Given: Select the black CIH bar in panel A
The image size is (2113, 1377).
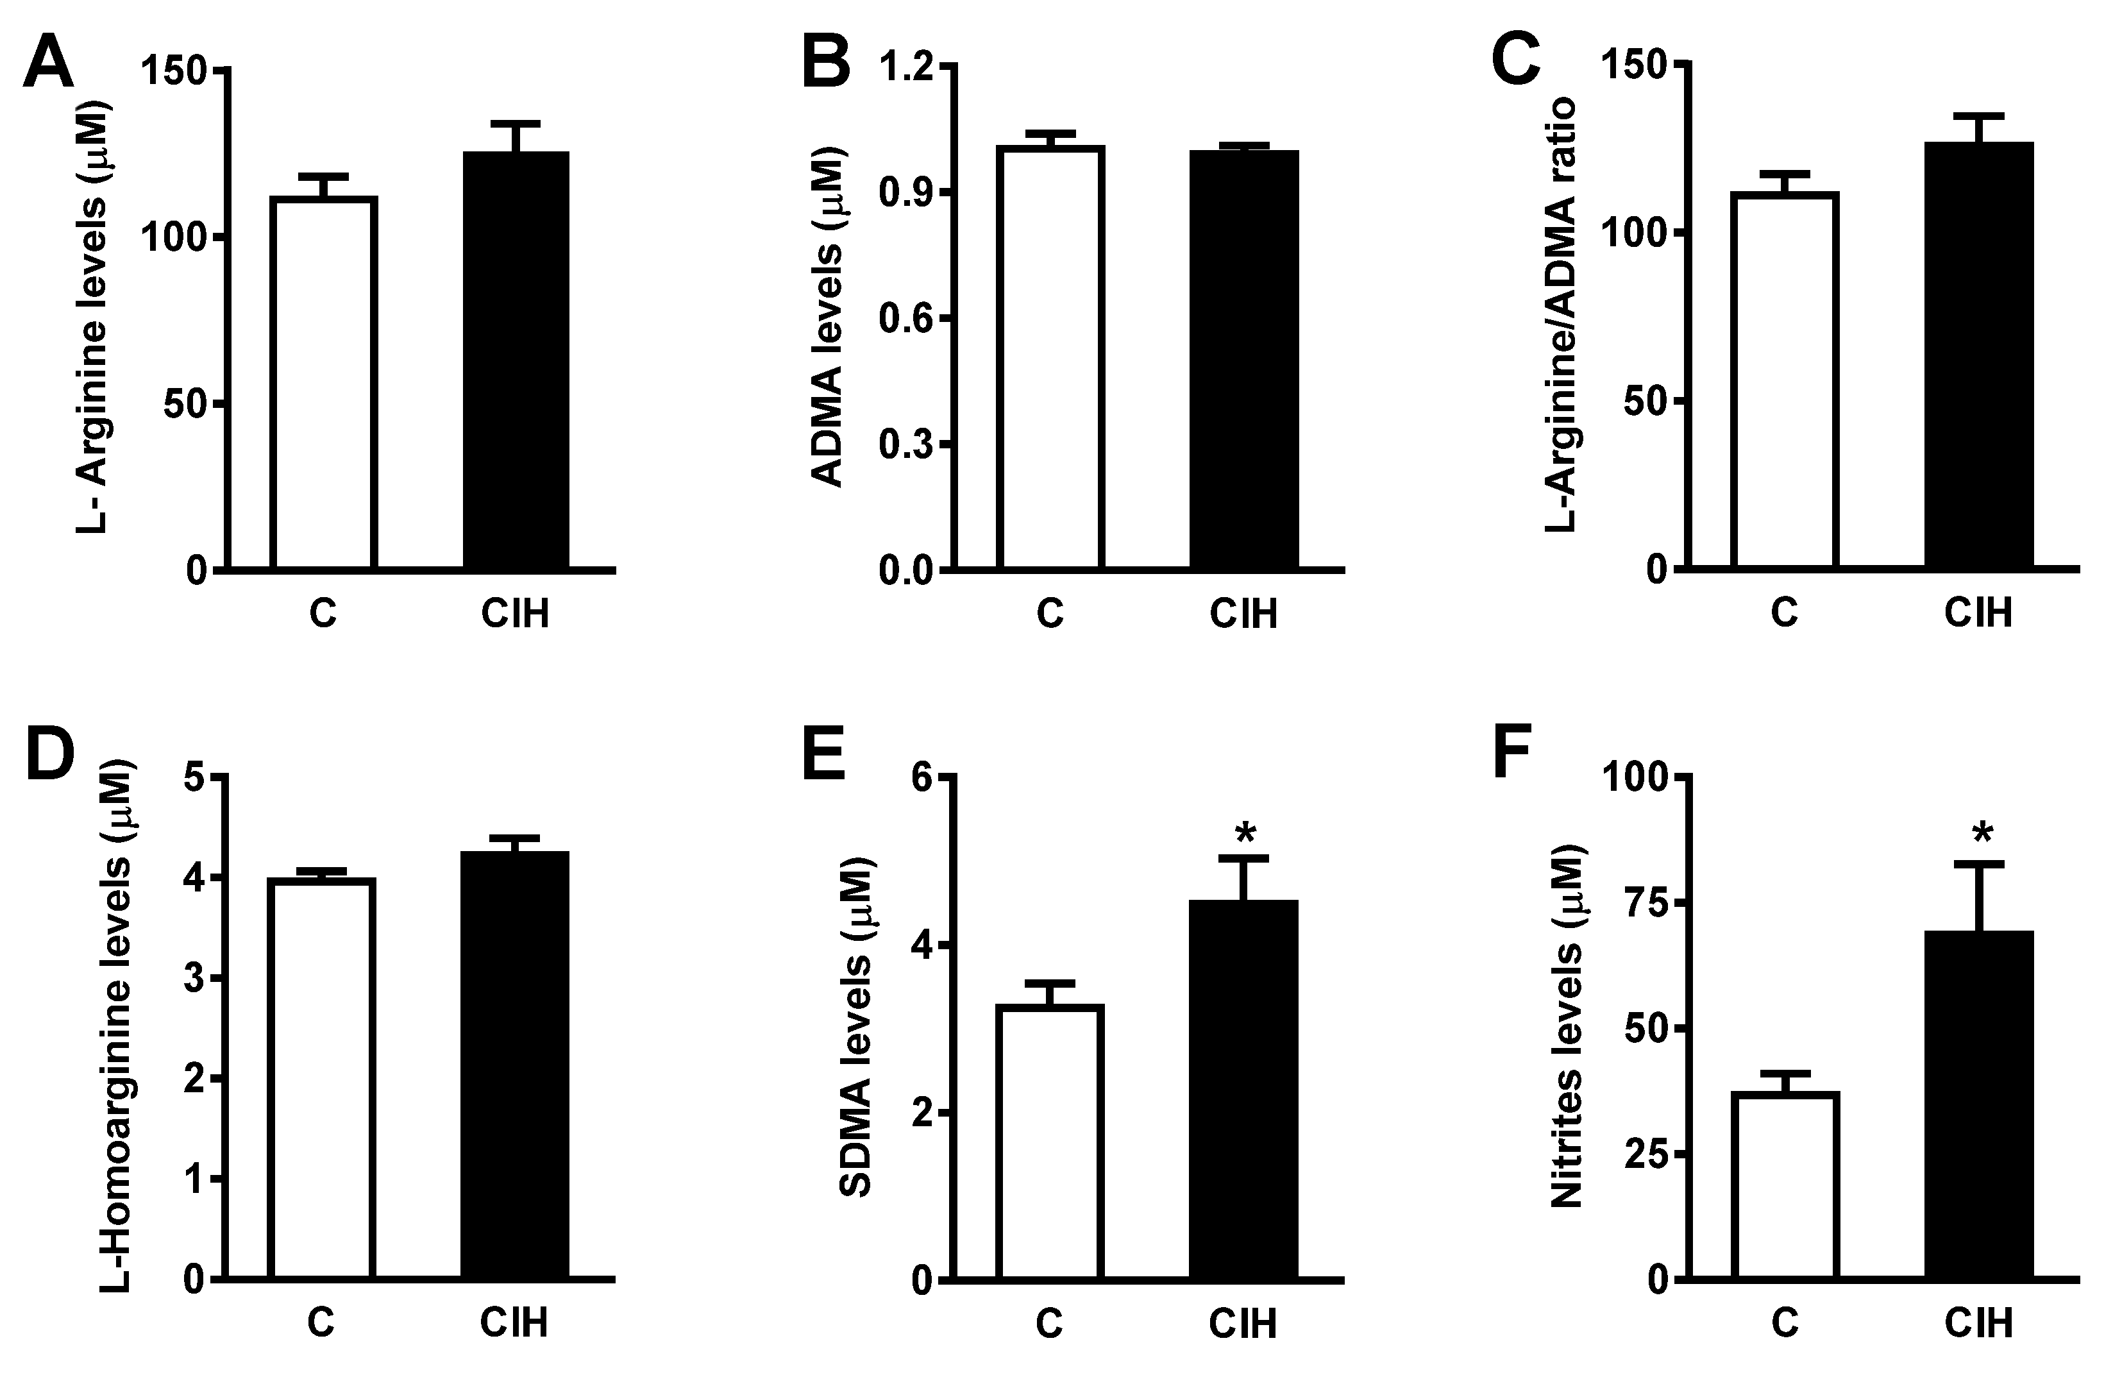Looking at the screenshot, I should [x=516, y=360].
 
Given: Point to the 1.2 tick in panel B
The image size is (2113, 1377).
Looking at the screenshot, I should [x=907, y=67].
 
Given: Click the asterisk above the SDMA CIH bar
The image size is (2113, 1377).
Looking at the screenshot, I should [x=1245, y=834].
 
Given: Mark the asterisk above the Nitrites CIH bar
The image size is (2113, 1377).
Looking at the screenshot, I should [x=1982, y=834].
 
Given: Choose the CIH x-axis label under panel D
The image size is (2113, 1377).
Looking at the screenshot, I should [x=514, y=1323].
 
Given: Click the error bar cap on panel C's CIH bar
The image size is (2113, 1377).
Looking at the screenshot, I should [x=1980, y=116].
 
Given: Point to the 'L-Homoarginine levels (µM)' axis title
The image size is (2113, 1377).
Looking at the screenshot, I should [x=115, y=1026].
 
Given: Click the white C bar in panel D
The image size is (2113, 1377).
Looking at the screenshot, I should [x=321, y=1079].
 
